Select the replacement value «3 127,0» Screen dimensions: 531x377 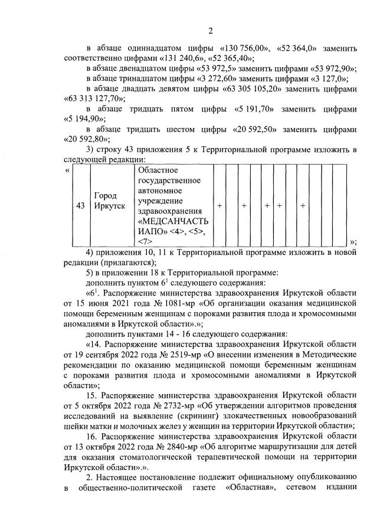tap(327, 78)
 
